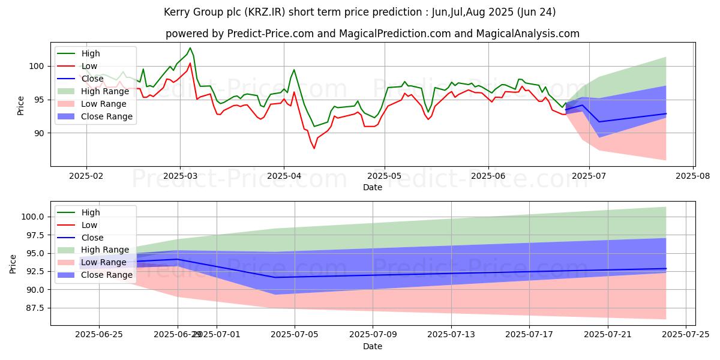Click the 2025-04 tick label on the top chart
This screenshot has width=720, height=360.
tap(283, 175)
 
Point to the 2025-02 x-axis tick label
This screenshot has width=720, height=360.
tap(86, 175)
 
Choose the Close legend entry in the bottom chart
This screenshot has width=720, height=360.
tap(92, 238)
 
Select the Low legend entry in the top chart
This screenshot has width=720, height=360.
tap(89, 66)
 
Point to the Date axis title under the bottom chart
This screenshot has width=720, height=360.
tap(372, 346)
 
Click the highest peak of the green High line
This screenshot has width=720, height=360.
tap(190, 48)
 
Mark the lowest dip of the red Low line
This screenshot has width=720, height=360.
tap(314, 148)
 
